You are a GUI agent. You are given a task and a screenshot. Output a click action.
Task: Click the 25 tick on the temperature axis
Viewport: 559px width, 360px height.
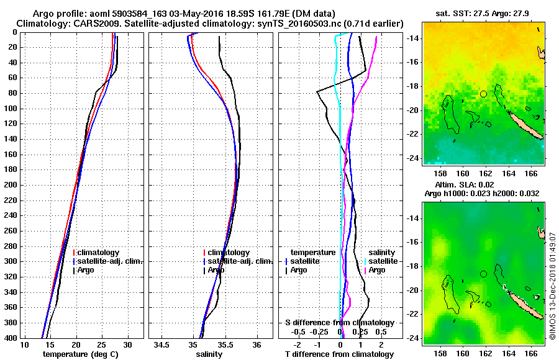tap(102, 344)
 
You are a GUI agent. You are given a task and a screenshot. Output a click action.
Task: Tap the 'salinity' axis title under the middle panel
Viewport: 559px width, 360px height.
tap(209, 354)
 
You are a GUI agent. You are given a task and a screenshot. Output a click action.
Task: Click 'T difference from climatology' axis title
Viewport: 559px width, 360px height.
tap(339, 354)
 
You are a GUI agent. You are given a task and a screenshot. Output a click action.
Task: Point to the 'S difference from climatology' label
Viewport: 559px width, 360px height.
tap(339, 323)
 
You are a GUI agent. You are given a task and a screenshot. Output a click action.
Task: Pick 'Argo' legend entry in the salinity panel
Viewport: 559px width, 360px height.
tap(216, 270)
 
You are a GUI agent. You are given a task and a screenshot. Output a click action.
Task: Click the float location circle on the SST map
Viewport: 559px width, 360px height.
tap(483, 94)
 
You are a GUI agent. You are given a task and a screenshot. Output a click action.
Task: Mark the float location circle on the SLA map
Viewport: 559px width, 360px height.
tap(483, 274)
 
